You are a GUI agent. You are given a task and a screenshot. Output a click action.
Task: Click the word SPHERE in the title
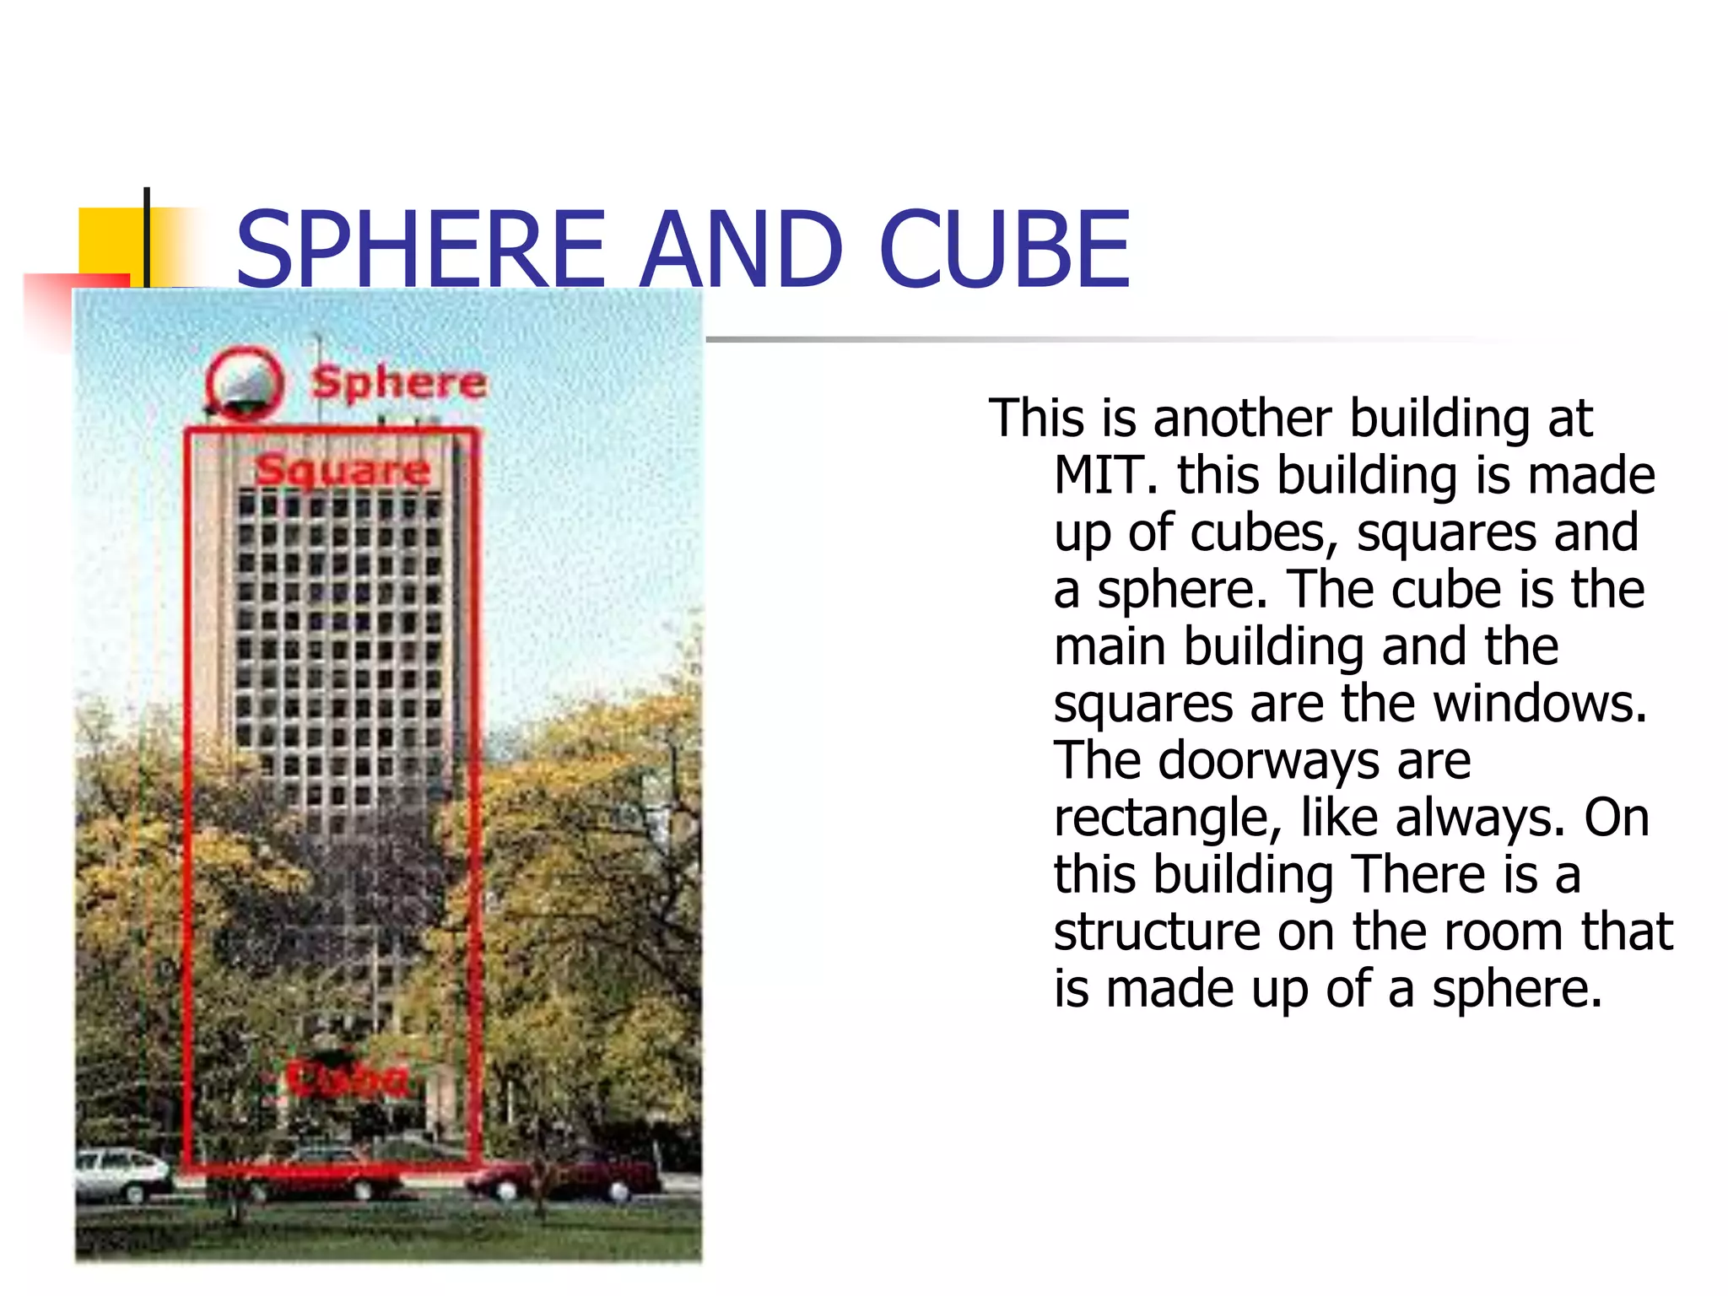coord(421,249)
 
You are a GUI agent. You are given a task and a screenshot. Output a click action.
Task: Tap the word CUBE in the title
coord(1003,249)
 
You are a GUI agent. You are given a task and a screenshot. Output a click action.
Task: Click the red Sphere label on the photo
coord(398,383)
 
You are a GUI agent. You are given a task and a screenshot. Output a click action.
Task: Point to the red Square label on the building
coord(343,469)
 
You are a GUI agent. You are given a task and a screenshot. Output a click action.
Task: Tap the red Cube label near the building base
coord(346,1077)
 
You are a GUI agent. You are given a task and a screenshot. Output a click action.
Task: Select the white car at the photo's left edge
coord(122,1173)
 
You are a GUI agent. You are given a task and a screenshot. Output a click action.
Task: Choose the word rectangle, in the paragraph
coord(1169,818)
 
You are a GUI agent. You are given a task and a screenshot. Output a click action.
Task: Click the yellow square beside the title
coord(110,240)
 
